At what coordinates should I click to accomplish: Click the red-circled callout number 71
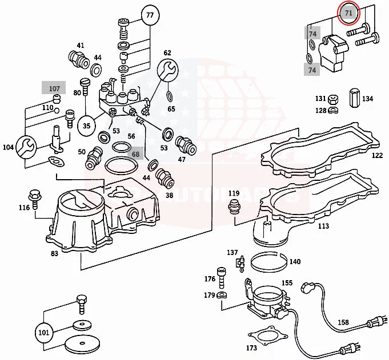coord(348,13)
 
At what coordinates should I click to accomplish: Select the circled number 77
coord(150,15)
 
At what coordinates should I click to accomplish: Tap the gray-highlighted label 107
coord(54,89)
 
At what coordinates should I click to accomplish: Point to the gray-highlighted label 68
coord(135,153)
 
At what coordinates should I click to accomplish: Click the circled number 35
coord(87,125)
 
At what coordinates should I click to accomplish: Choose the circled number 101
coord(44,331)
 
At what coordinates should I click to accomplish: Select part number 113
coord(323,226)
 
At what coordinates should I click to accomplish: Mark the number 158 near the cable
coord(343,323)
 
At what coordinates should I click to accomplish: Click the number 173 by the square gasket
coord(251,347)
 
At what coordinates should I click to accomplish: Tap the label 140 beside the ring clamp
coord(295,262)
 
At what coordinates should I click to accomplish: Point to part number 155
coord(287,283)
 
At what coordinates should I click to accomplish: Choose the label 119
coord(234,193)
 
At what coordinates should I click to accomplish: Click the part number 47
coord(182,160)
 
